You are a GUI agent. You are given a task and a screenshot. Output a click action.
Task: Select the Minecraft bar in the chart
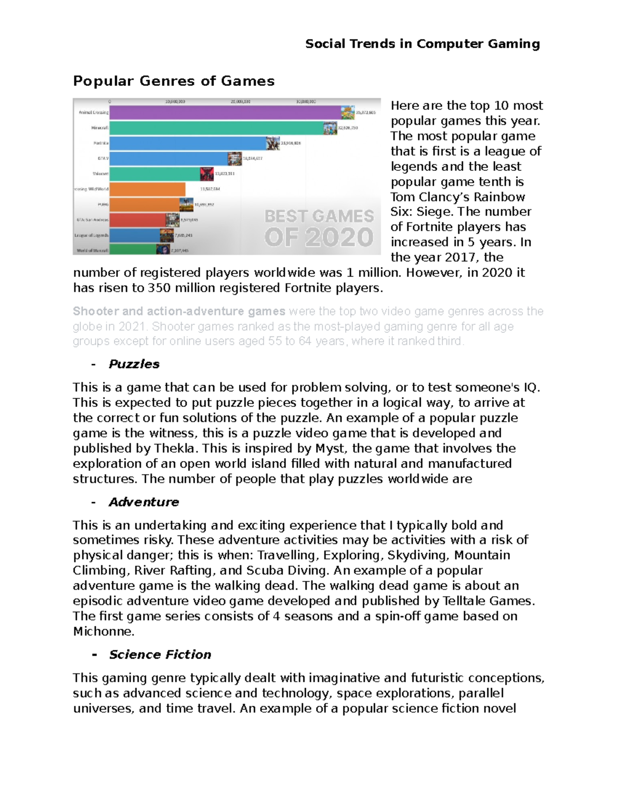[216, 128]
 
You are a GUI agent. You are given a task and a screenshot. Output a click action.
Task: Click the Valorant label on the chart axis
[100, 174]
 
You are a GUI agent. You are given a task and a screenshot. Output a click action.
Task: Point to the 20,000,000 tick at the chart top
[241, 101]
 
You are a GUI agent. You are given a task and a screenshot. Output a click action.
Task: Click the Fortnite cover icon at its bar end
[273, 143]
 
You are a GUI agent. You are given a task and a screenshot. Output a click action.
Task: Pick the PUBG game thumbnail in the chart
[186, 205]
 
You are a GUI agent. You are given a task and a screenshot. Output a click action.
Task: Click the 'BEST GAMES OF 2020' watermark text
[319, 227]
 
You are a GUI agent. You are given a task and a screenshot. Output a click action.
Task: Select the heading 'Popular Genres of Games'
[174, 81]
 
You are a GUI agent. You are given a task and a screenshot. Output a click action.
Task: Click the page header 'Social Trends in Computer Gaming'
[422, 44]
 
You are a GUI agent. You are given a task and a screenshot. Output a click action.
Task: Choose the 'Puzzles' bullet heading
[134, 364]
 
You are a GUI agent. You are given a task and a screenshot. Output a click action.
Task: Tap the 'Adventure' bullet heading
[144, 502]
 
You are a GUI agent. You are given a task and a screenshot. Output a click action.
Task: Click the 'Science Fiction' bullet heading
[160, 654]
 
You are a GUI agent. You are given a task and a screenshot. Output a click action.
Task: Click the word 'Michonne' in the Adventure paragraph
[103, 631]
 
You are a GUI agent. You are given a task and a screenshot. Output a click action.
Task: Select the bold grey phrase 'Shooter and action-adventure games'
[179, 311]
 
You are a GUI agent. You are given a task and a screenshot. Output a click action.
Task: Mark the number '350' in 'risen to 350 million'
[159, 288]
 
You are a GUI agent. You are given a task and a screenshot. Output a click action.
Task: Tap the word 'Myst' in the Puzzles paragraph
[330, 448]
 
